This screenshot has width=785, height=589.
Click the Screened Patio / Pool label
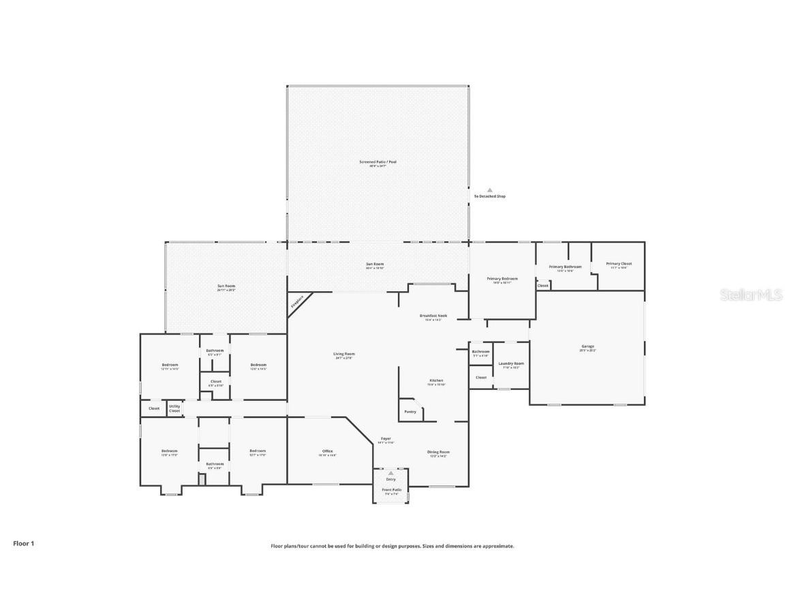[378, 162]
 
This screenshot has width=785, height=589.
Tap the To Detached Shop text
[489, 196]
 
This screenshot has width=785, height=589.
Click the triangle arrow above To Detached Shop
[489, 190]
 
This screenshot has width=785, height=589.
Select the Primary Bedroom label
[502, 279]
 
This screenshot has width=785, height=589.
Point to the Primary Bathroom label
[565, 267]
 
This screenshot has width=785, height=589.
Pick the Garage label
[587, 347]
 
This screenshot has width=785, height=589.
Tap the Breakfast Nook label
[433, 316]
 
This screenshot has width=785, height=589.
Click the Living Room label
[343, 354]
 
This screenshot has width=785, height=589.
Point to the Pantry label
[410, 412]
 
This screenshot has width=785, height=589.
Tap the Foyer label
[386, 439]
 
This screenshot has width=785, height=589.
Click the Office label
[327, 451]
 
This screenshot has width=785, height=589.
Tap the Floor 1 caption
[23, 543]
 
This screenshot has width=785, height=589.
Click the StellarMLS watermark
[752, 294]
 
